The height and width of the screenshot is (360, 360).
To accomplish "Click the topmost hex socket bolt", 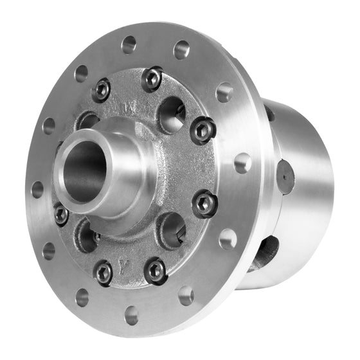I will coord(152,78).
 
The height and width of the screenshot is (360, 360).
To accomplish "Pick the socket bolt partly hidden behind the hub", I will coord(61,213).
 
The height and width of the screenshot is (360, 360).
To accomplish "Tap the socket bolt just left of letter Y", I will coord(104,273).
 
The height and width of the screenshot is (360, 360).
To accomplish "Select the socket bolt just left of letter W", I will coord(101,90).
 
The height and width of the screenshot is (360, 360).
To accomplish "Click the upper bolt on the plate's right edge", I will coord(203,130).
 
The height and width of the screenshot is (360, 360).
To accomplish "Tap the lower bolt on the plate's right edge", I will coord(204,203).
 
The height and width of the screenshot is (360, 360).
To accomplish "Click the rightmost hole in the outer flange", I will coord(242,163).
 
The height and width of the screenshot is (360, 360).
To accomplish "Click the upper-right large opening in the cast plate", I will coord(171,114).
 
